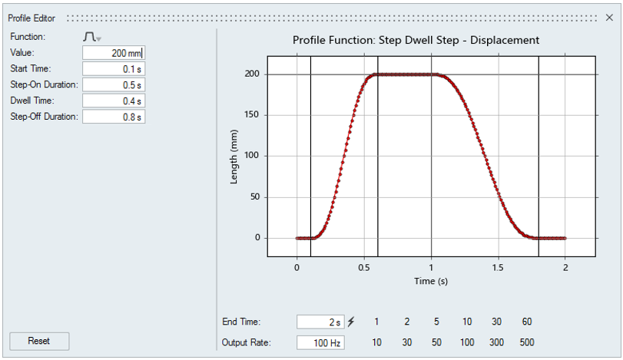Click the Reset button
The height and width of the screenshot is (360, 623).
click(38, 341)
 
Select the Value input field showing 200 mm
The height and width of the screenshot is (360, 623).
click(113, 53)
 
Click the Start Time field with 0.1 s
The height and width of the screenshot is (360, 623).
click(113, 69)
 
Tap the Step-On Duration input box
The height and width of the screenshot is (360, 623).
click(113, 85)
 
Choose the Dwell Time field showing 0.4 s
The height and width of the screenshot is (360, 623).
click(113, 101)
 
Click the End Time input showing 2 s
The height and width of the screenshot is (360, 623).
click(320, 322)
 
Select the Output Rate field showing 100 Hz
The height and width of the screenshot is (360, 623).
click(320, 342)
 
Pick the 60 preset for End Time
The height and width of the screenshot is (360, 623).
click(526, 322)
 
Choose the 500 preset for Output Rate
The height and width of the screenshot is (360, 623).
click(526, 342)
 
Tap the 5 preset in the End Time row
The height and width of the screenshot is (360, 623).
click(436, 322)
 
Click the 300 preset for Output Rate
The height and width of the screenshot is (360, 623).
click(496, 342)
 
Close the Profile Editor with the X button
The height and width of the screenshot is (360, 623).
click(609, 18)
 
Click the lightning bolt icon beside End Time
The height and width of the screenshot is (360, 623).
click(352, 322)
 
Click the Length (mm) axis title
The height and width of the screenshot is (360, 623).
click(234, 156)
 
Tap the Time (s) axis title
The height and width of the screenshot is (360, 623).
click(431, 282)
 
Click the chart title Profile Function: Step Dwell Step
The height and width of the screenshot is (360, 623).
click(416, 40)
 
